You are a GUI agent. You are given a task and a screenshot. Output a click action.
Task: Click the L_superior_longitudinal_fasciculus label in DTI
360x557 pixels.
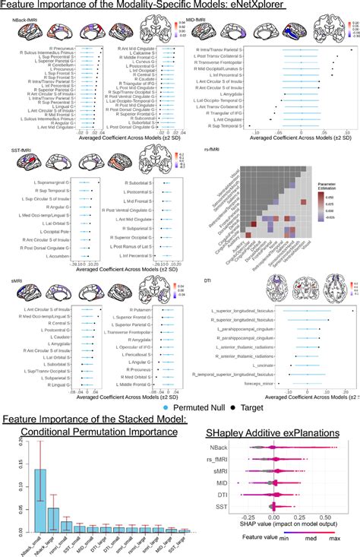pyautogui.click(x=242, y=311)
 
